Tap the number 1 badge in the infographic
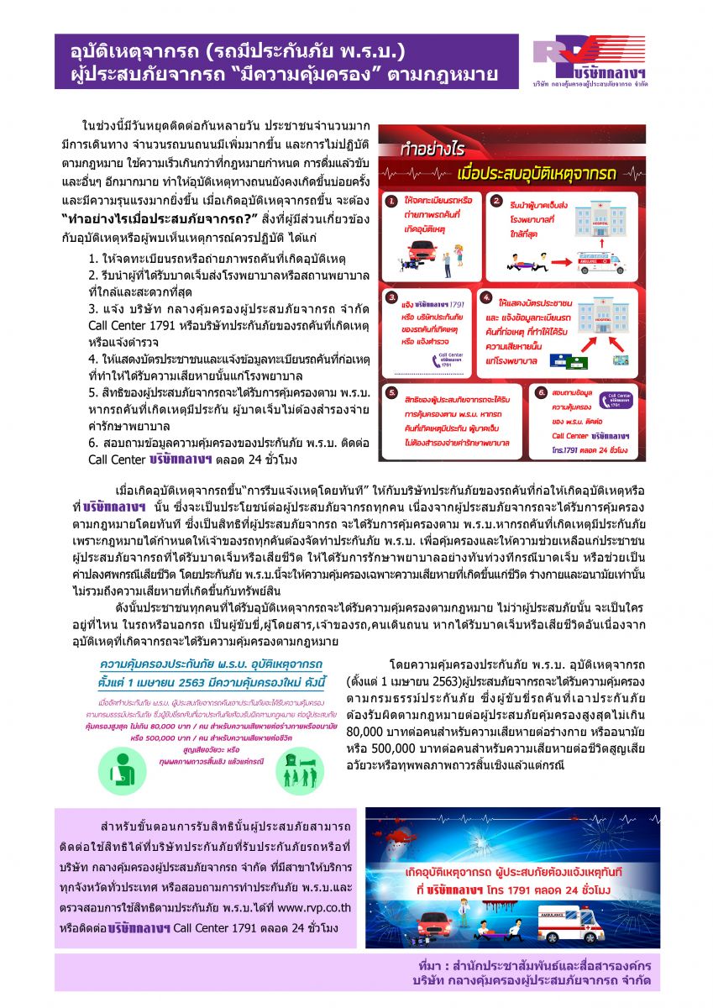click(x=391, y=202)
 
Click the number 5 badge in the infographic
click(x=391, y=392)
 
